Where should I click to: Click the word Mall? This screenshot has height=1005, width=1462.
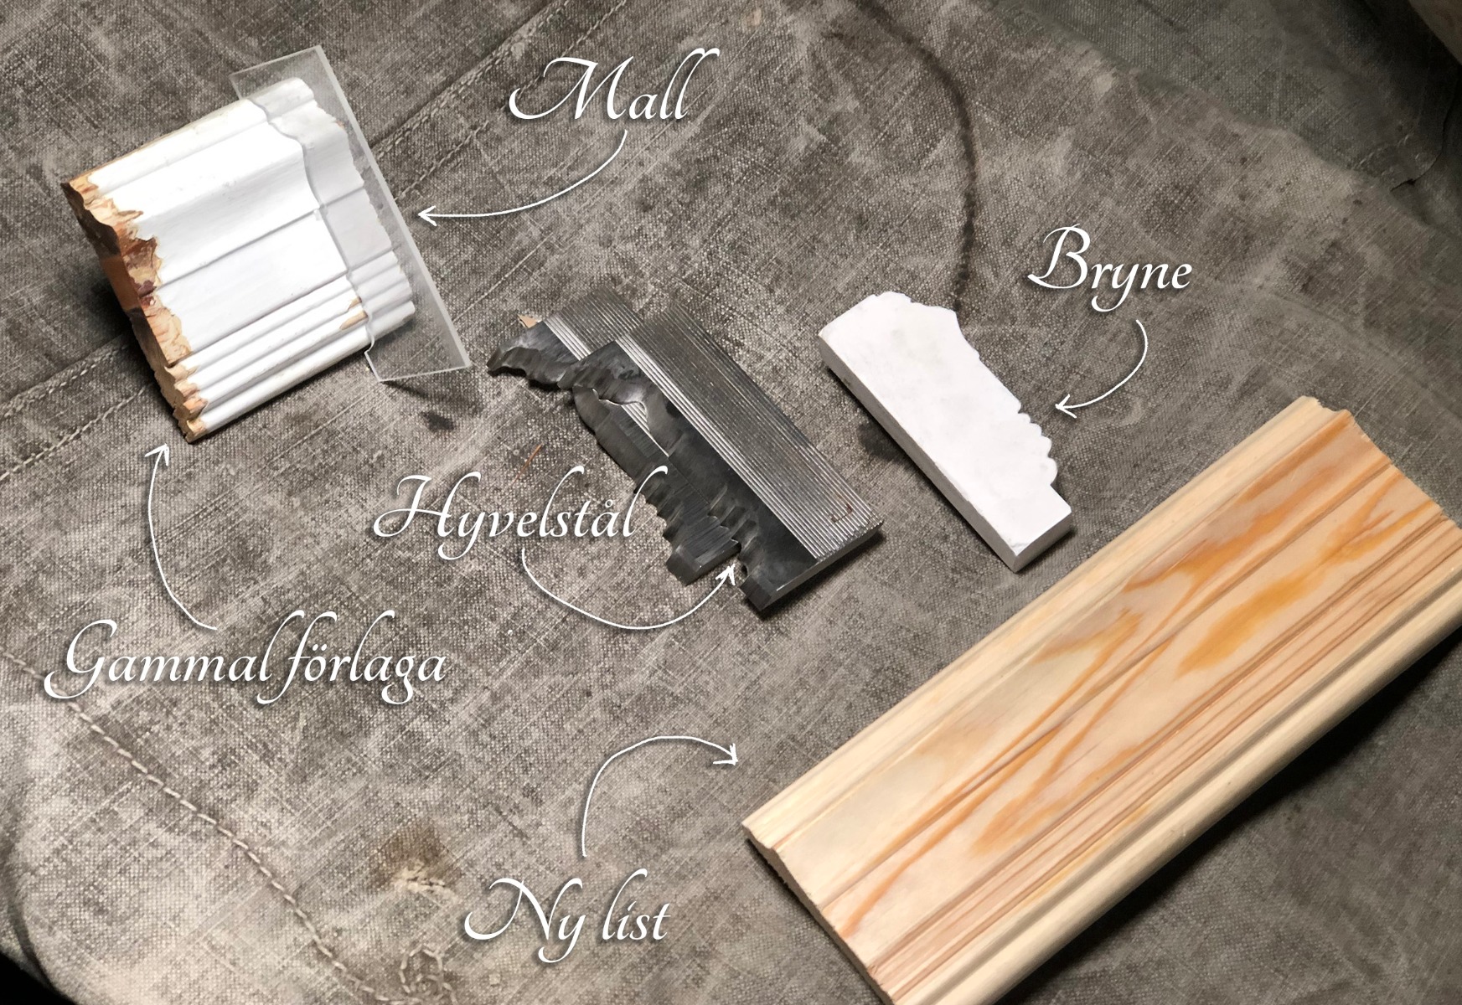602,89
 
